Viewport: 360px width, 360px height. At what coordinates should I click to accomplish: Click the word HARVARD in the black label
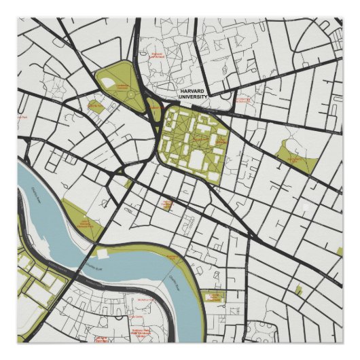(191, 91)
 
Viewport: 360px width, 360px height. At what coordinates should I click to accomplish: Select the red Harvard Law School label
(158, 55)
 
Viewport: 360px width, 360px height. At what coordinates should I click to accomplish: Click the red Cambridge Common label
(122, 86)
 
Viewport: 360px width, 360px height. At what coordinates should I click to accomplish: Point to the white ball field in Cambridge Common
(109, 84)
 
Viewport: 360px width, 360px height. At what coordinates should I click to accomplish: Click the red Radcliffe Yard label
(94, 106)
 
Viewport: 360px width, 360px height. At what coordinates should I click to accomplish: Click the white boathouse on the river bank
(102, 253)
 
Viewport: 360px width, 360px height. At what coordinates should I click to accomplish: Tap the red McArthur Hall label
(147, 300)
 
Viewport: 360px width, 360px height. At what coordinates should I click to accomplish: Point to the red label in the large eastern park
(296, 158)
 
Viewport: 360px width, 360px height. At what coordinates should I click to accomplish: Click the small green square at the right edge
(339, 251)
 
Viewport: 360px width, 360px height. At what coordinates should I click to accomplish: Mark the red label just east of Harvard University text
(241, 100)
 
